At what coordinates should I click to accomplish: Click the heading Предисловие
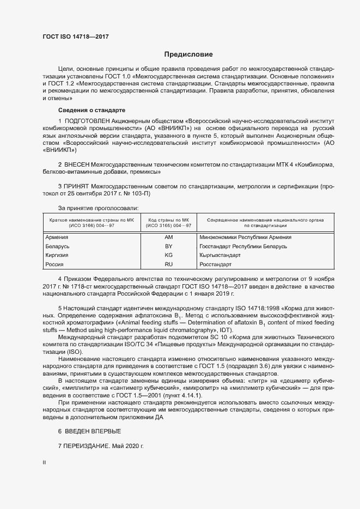coord(188,54)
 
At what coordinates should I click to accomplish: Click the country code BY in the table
coord(168,247)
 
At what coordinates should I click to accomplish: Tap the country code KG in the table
coord(168,255)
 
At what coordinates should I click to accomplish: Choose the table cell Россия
coord(55,264)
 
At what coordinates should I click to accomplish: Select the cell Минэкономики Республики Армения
coord(245,237)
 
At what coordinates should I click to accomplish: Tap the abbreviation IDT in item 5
coord(224,329)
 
